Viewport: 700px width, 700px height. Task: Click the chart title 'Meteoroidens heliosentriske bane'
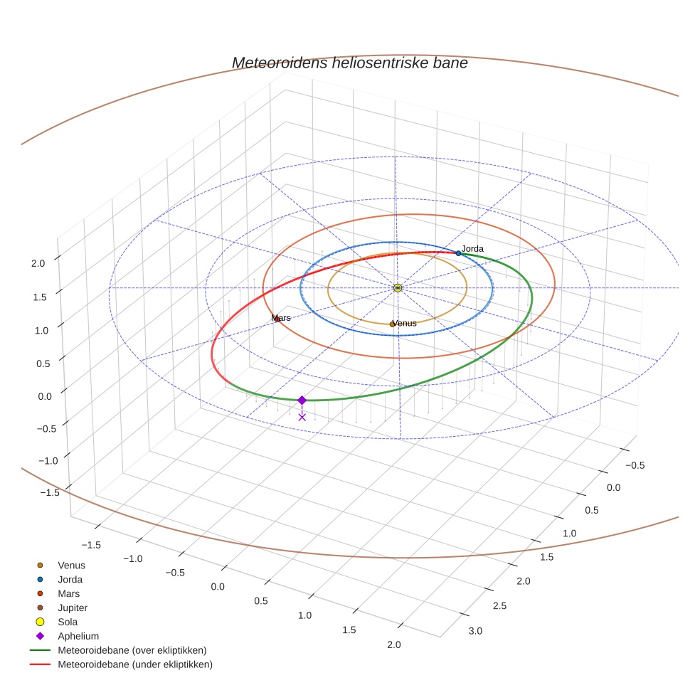(x=349, y=63)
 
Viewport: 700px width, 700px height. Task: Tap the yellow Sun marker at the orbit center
(x=398, y=287)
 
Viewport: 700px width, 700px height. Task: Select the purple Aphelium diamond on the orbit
(x=302, y=401)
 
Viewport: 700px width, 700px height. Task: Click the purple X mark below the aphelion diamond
(x=302, y=417)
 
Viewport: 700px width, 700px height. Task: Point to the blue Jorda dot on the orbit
(x=458, y=253)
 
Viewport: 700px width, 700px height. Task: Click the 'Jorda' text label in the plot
(x=472, y=249)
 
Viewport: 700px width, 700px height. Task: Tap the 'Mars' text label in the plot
(x=282, y=318)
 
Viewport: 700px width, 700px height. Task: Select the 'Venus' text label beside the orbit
(x=405, y=323)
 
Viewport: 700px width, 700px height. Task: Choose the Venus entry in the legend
(x=71, y=566)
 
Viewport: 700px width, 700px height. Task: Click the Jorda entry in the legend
(x=70, y=580)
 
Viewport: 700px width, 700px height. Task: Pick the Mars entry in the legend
(x=68, y=594)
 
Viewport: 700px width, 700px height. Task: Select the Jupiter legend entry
(x=73, y=608)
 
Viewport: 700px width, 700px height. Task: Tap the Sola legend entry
(x=68, y=622)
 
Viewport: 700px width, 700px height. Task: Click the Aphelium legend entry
(x=78, y=637)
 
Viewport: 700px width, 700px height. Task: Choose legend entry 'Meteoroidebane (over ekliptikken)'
(x=132, y=650)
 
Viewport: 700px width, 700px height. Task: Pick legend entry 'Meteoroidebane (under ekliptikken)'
(x=135, y=664)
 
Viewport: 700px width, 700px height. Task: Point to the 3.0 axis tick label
(x=474, y=631)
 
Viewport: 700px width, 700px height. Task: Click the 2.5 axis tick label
(x=499, y=605)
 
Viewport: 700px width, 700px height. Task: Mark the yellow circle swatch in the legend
(x=41, y=622)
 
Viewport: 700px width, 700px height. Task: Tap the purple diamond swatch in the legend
(x=41, y=637)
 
